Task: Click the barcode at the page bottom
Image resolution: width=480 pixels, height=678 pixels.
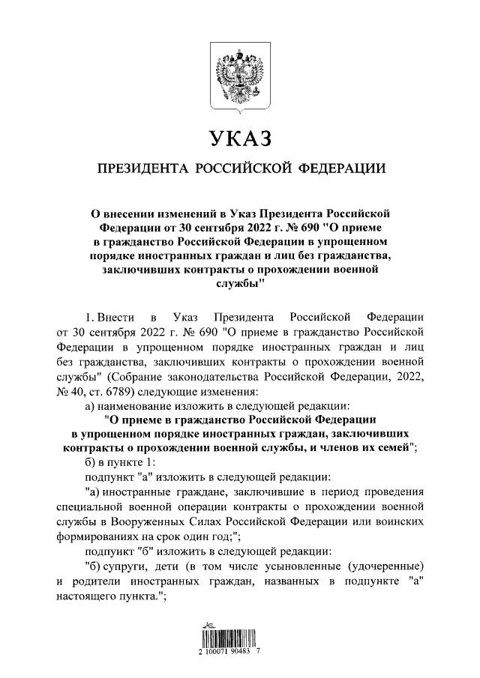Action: point(239,643)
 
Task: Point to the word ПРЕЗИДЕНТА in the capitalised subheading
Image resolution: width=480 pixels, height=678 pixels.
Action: point(140,168)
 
